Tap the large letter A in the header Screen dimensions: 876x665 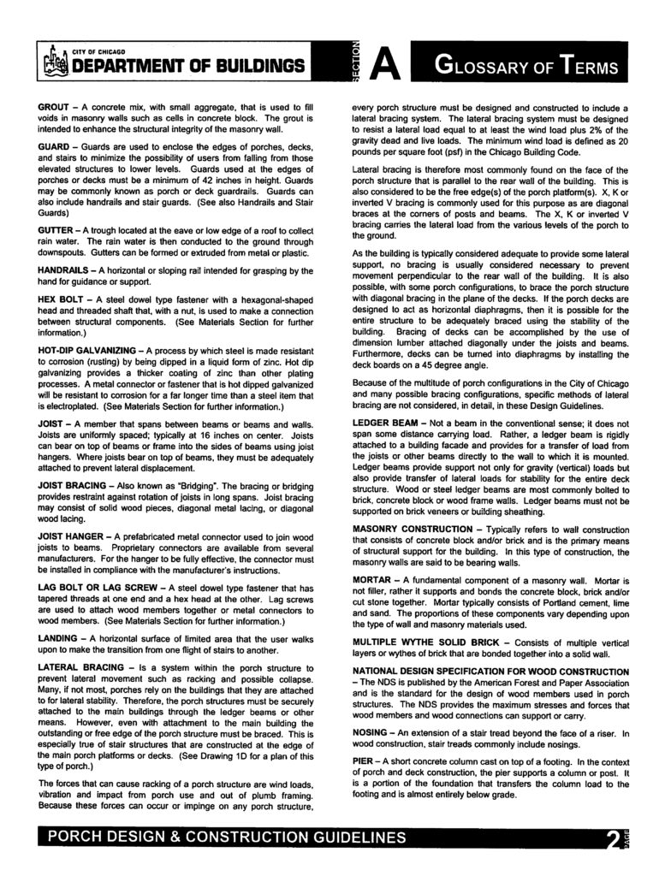(386, 64)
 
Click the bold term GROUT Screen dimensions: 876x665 (56, 106)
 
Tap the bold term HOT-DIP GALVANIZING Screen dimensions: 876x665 (87, 351)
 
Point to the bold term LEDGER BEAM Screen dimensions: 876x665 (384, 423)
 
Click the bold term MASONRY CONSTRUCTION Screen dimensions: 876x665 (413, 530)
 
